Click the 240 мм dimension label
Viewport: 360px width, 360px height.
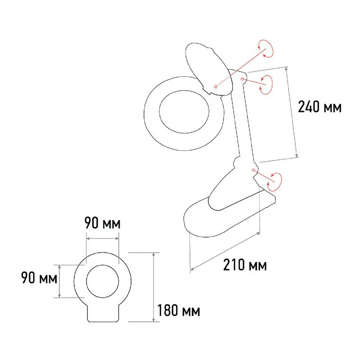[319, 107]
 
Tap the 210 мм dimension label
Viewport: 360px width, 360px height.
[245, 265]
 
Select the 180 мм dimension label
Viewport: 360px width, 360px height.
[179, 310]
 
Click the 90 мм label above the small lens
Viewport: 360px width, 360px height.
[103, 224]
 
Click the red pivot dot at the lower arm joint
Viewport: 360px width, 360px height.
[254, 170]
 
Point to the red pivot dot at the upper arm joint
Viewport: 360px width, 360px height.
[243, 79]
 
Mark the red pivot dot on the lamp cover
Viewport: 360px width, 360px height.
[216, 85]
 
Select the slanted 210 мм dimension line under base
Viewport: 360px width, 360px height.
[225, 252]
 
